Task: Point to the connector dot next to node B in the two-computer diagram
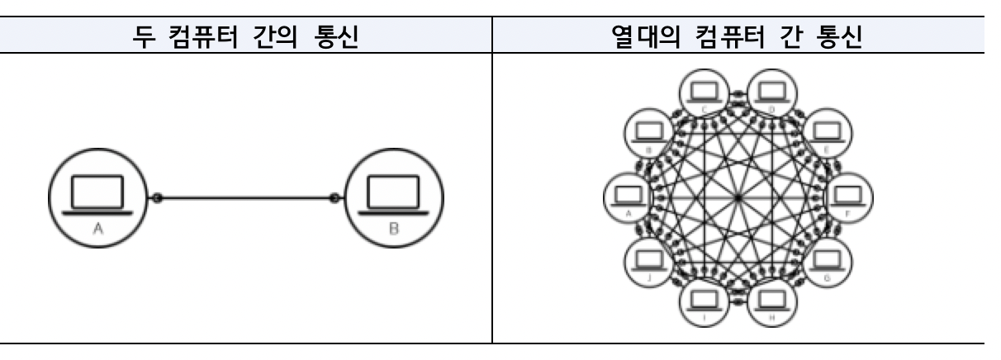[334, 198]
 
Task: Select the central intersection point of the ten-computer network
[737, 197]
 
